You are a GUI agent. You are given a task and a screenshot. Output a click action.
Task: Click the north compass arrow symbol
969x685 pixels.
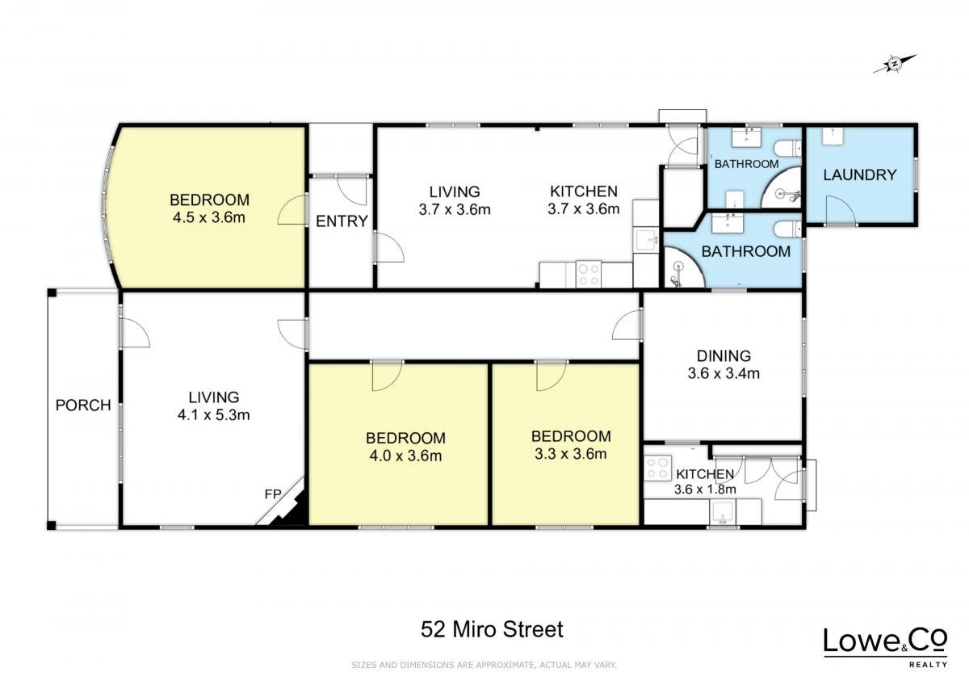point(893,76)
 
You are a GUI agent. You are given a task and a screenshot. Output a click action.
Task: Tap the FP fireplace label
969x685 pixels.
point(273,494)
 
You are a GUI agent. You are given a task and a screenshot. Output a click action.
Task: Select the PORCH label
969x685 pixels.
point(83,405)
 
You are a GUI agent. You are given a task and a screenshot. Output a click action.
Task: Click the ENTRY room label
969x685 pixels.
point(342,221)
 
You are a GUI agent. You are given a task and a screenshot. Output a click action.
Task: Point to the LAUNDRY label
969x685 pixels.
point(859,174)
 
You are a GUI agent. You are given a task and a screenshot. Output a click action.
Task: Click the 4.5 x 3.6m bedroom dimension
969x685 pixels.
point(209,217)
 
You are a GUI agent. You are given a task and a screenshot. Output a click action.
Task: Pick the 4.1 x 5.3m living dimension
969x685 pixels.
point(214,415)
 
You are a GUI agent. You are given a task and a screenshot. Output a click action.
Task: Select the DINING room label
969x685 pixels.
point(724,355)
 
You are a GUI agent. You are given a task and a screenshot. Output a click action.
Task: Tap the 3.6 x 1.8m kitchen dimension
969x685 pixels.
point(705,490)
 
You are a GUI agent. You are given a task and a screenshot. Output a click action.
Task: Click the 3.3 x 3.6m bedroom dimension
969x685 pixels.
point(571,454)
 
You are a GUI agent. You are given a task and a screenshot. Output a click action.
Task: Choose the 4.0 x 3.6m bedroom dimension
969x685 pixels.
point(405,456)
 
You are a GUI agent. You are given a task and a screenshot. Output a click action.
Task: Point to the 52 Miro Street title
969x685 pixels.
point(492,629)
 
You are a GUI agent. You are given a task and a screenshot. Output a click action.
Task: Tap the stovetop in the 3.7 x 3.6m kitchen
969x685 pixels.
point(589,274)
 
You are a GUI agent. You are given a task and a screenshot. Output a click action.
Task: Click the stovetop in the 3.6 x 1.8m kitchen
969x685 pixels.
point(657,469)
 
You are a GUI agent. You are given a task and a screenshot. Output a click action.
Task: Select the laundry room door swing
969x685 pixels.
point(841,210)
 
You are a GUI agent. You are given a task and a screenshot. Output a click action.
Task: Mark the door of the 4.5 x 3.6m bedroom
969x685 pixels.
point(292,210)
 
